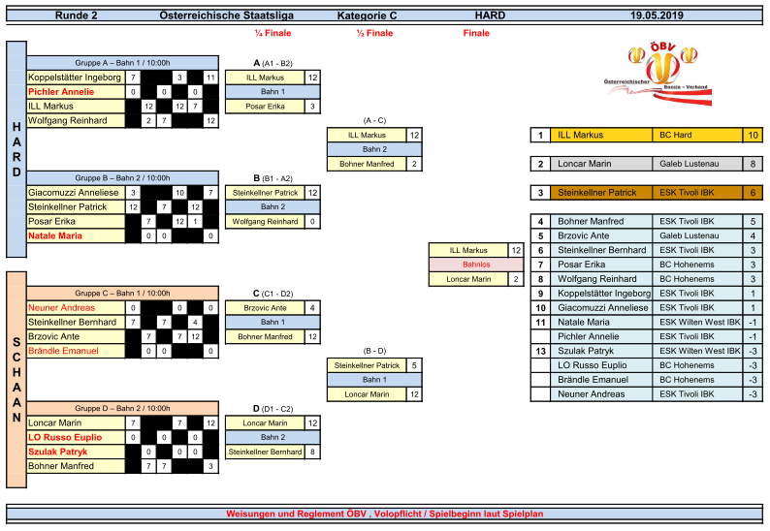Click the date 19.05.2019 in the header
(x=657, y=16)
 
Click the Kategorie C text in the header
(x=368, y=16)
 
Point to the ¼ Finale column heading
(x=272, y=33)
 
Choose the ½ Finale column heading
(x=374, y=33)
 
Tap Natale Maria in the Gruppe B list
(x=56, y=235)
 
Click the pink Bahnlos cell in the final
(x=476, y=265)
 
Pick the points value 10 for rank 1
(x=753, y=135)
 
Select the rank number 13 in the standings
(x=541, y=351)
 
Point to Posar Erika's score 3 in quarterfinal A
(x=311, y=106)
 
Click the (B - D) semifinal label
(x=374, y=351)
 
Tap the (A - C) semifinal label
(x=374, y=120)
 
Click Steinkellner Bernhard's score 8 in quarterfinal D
(x=311, y=452)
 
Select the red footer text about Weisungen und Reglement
(x=385, y=514)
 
